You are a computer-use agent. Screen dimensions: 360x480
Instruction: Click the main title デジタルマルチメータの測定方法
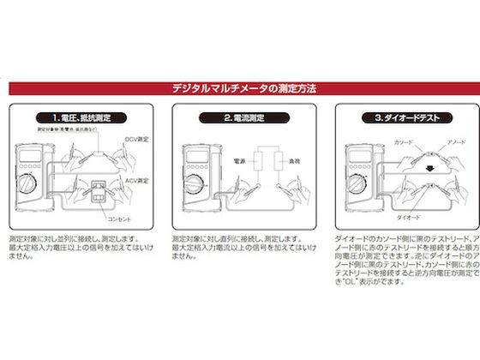point(245,87)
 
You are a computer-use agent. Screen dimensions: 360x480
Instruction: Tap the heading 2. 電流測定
point(245,117)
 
